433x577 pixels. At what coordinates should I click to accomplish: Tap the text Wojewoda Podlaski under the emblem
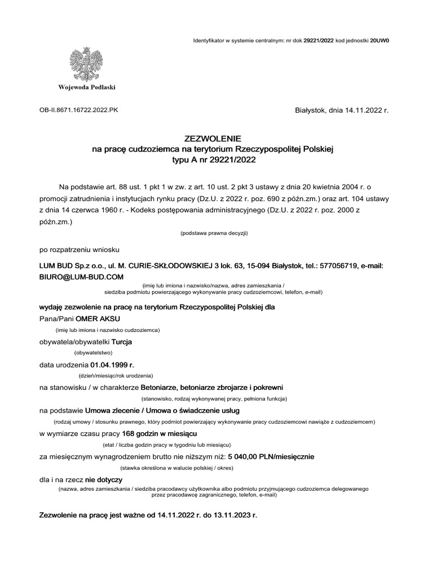(x=86, y=87)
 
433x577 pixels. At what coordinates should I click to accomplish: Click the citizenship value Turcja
(x=122, y=341)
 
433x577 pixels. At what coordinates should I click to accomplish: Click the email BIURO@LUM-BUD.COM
(x=81, y=277)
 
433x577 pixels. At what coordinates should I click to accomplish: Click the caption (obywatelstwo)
(x=94, y=352)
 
